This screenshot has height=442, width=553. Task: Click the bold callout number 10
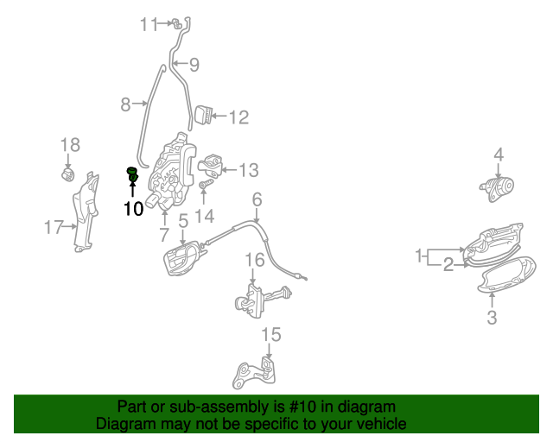pyautogui.click(x=133, y=209)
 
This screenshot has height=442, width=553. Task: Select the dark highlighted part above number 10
pyautogui.click(x=132, y=175)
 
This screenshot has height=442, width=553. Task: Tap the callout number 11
pyautogui.click(x=149, y=25)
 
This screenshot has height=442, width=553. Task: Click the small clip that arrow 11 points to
pyautogui.click(x=176, y=24)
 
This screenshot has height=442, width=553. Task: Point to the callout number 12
pyautogui.click(x=239, y=117)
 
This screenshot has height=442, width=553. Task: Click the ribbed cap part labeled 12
pyautogui.click(x=203, y=114)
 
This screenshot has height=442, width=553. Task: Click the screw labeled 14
pyautogui.click(x=207, y=184)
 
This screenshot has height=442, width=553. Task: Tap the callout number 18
pyautogui.click(x=70, y=144)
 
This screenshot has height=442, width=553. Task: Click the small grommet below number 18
pyautogui.click(x=68, y=175)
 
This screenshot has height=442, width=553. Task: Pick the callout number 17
pyautogui.click(x=54, y=227)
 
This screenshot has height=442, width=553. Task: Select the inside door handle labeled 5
pyautogui.click(x=182, y=258)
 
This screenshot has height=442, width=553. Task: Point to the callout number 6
pyautogui.click(x=257, y=199)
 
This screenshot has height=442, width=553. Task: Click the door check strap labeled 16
pyautogui.click(x=263, y=300)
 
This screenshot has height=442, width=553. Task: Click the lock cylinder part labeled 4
pyautogui.click(x=498, y=189)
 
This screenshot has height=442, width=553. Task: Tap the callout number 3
pyautogui.click(x=492, y=317)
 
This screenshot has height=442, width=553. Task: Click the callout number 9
pyautogui.click(x=194, y=65)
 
